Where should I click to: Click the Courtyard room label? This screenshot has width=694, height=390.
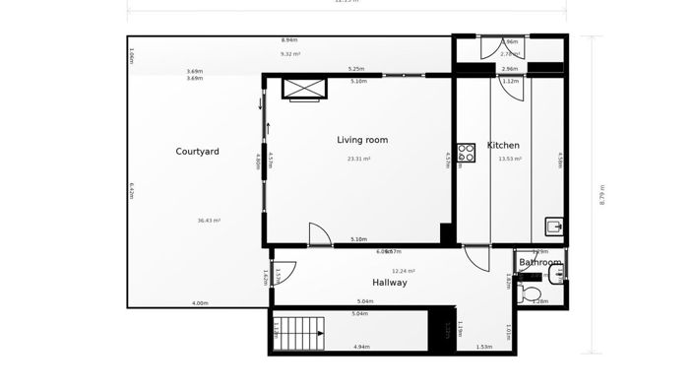197,152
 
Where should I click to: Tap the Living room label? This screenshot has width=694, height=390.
362,140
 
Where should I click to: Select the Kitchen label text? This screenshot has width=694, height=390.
503,146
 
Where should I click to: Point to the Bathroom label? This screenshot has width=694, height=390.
540,263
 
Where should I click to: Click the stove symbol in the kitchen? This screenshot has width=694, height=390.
466,153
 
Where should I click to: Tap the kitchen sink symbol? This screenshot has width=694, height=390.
554,227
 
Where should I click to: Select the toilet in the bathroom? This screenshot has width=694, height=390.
531,293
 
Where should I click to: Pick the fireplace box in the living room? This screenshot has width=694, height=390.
304,89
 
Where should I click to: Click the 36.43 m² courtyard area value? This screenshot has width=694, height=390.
209,221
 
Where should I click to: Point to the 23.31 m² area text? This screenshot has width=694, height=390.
358,159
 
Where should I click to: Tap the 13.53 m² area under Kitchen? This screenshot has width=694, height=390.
510,159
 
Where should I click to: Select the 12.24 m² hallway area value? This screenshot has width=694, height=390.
404,271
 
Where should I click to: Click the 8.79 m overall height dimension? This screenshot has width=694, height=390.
602,195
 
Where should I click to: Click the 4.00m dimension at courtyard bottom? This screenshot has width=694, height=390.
200,303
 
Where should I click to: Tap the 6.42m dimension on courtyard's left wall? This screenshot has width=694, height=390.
132,190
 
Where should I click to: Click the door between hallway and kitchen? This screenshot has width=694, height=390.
476,258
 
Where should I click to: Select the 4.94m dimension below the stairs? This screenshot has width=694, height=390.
361,347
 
